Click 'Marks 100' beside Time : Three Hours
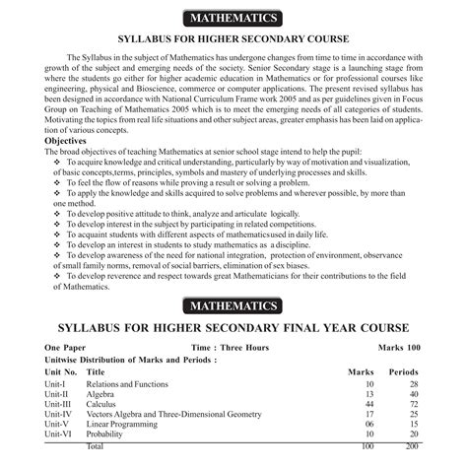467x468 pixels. click(399, 349)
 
